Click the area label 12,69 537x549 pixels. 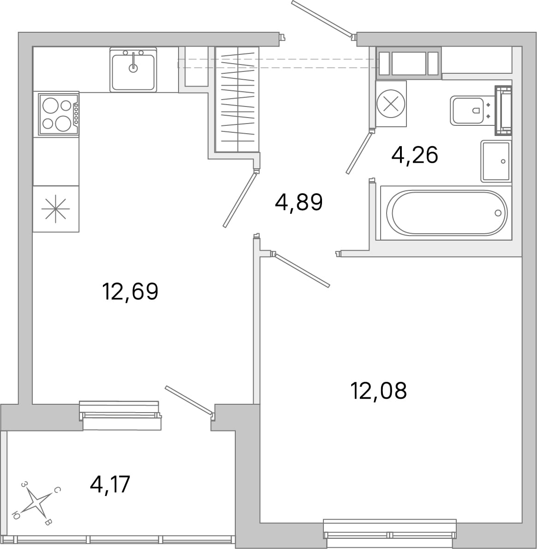click(131, 291)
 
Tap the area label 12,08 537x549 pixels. click(379, 390)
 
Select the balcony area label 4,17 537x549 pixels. click(110, 484)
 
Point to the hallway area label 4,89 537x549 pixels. click(298, 202)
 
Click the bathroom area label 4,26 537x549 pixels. click(415, 155)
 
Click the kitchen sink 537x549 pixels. click(133, 70)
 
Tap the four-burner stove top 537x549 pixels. click(59, 114)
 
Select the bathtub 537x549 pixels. click(447, 213)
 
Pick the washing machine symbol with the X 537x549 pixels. click(391, 104)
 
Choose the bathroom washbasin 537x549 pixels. click(496, 161)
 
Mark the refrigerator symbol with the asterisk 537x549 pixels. click(56, 209)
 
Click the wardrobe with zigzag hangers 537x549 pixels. click(237, 100)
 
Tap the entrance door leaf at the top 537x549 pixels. click(322, 18)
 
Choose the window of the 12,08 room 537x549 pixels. click(390, 534)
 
